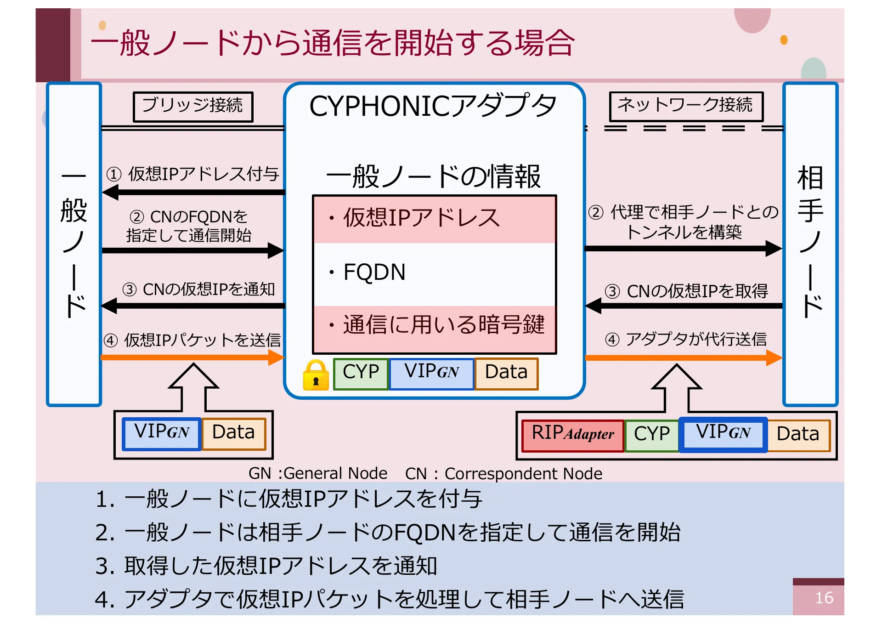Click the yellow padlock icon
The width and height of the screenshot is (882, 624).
(x=316, y=375)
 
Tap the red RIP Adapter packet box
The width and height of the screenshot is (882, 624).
(x=572, y=435)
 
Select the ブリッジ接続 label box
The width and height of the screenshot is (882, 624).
(x=193, y=107)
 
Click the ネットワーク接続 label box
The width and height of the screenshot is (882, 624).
(x=685, y=106)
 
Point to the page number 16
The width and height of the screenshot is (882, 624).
(x=824, y=598)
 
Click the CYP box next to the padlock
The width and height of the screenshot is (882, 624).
(x=361, y=373)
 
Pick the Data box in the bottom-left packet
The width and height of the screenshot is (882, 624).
(x=234, y=433)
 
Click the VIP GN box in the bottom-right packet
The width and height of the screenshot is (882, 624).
(x=723, y=434)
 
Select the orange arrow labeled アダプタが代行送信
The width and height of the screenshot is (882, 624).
(x=683, y=357)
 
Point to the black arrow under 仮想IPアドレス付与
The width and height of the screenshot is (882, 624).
(x=193, y=193)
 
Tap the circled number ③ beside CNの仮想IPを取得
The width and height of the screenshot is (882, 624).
(x=612, y=291)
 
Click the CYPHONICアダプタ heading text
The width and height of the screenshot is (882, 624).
(x=433, y=107)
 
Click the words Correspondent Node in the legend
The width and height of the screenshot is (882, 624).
(x=523, y=473)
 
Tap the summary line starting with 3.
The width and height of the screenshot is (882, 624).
(x=266, y=566)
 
